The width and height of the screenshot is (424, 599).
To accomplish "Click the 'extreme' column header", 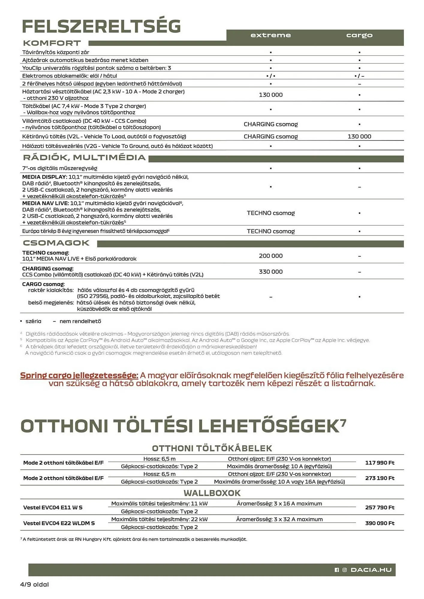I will pos(270,35).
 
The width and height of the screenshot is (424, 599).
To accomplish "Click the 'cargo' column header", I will pos(359,35).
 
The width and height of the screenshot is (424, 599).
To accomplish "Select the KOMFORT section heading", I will pos(52,43).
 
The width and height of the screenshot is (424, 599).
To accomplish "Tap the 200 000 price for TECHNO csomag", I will pos(270,256).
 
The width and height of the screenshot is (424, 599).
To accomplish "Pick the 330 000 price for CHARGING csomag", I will pos(270,272).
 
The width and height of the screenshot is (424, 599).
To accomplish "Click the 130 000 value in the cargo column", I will pos(359,137).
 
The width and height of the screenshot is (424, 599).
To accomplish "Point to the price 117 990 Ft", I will pos(380,463).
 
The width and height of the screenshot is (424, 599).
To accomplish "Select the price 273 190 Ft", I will pos(380,478).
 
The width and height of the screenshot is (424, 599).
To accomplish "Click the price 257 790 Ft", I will pos(380,507).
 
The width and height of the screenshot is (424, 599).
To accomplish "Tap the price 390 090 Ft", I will pos(380,523).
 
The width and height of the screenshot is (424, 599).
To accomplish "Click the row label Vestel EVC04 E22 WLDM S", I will pos(59,523).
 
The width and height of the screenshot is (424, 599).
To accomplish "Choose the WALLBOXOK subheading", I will pos(212,493).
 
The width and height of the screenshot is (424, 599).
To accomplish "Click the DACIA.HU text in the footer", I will pos(371,570).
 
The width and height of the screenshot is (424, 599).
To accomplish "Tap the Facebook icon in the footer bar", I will pos(337,570).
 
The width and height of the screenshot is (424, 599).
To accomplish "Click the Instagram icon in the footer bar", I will pos(345,570).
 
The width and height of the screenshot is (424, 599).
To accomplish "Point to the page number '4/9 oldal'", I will pos(34,584).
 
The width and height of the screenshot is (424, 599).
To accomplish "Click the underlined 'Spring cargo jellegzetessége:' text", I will pos(79,375).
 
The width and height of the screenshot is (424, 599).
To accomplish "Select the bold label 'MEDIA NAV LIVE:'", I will pos(45,203).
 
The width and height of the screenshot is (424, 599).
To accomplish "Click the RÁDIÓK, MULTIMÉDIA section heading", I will pos(84,158).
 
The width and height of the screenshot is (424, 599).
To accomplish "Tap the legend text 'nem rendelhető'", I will pos(80,321).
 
